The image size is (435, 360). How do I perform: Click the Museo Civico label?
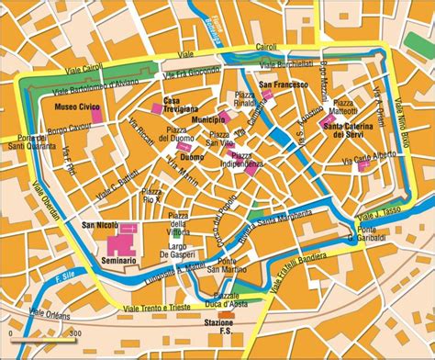(71, 107)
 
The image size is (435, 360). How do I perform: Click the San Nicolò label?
(100, 225)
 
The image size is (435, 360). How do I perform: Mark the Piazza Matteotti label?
(344, 107)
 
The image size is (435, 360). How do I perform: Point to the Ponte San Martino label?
(238, 266)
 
